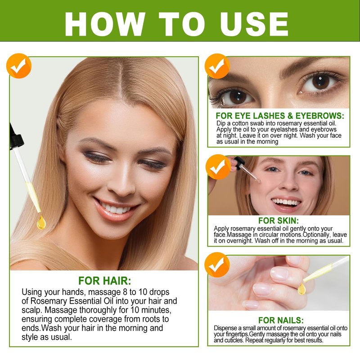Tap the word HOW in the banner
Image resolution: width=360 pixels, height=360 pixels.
pyautogui.click(x=105, y=24)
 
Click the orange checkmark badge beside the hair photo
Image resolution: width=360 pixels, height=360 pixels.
pyautogui.click(x=19, y=66)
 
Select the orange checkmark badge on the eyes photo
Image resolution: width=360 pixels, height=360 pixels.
pyautogui.click(x=217, y=66)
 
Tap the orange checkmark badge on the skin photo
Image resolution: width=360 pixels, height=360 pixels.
pyautogui.click(x=218, y=167)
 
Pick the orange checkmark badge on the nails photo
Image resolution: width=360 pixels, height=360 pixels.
pyautogui.click(x=217, y=265)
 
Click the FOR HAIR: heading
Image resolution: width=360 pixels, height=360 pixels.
pyautogui.click(x=105, y=280)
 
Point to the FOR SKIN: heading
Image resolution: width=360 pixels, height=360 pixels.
pyautogui.click(x=279, y=220)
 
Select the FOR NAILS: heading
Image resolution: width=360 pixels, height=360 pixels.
pyautogui.click(x=281, y=320)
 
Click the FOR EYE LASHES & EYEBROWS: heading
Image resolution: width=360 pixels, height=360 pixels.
pyautogui.click(x=280, y=116)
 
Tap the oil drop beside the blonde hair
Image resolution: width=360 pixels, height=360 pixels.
pyautogui.click(x=41, y=222)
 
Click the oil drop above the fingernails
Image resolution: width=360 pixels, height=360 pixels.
pyautogui.click(x=301, y=289)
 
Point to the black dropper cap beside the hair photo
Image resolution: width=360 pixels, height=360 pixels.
pyautogui.click(x=16, y=137)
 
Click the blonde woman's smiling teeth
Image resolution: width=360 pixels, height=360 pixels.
pyautogui.click(x=115, y=208)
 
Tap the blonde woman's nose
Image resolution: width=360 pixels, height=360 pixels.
pyautogui.click(x=121, y=181)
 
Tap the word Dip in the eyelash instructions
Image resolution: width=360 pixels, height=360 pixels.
pyautogui.click(x=221, y=123)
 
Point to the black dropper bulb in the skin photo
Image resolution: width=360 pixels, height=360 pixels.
pyautogui.click(x=239, y=162)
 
